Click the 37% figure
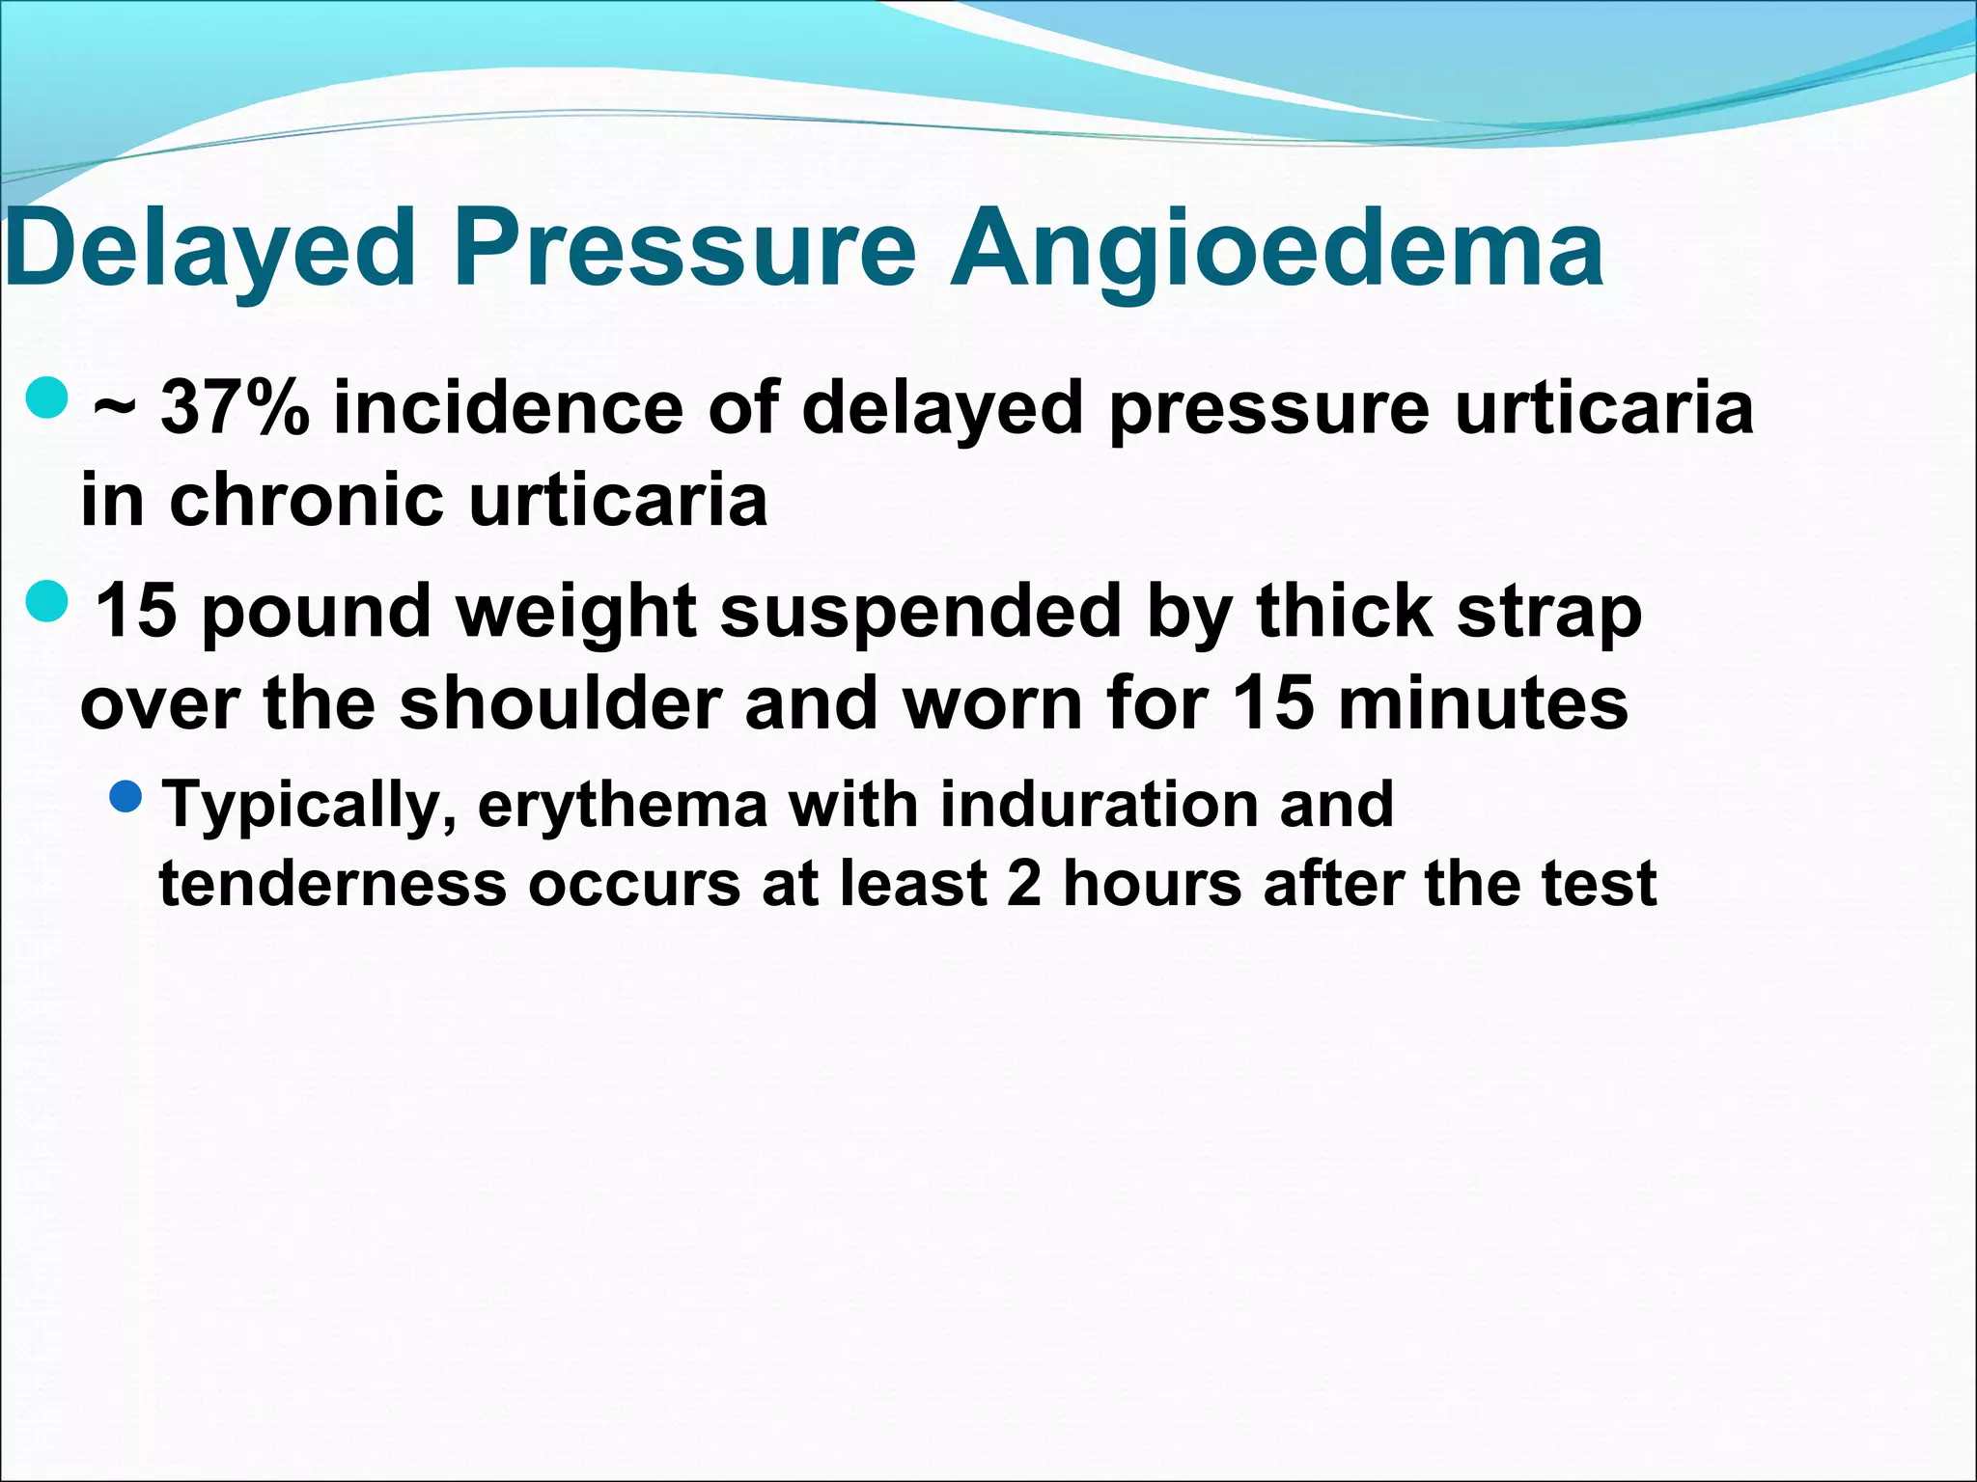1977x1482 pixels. [235, 408]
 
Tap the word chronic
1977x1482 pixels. [306, 500]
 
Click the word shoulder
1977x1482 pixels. [561, 703]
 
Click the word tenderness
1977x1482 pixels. [333, 884]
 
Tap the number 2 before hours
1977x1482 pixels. [1023, 884]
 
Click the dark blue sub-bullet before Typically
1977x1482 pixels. [126, 797]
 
